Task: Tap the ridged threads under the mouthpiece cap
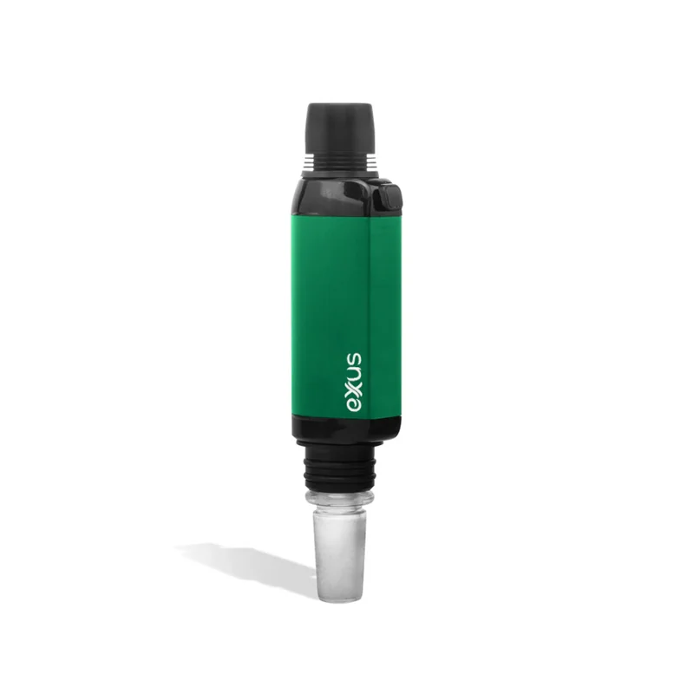pos(339,160)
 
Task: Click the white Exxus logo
pos(355,383)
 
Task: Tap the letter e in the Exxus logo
pos(355,405)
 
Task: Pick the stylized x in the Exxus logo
pos(355,391)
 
